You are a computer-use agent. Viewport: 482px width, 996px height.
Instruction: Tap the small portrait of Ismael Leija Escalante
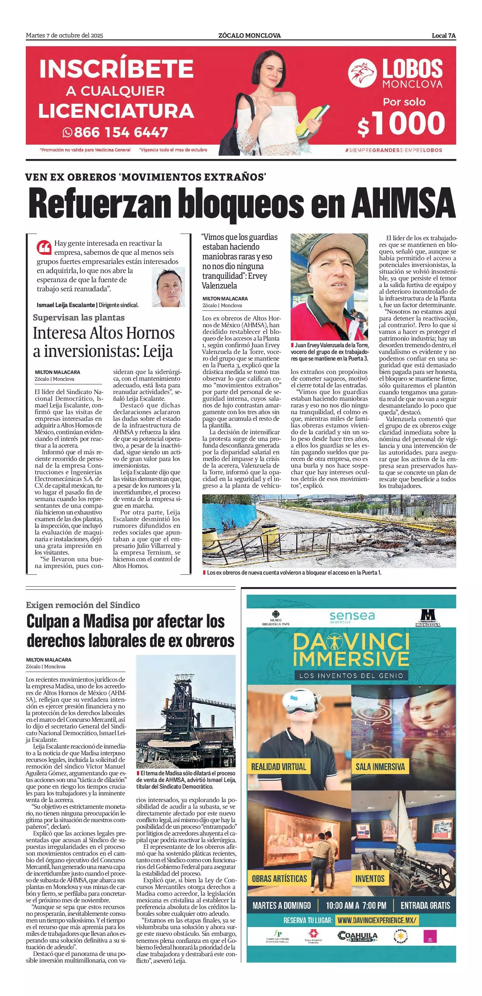168,287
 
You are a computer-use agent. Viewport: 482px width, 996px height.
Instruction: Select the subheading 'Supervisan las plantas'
78,317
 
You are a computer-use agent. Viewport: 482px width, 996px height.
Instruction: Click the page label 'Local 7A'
443,36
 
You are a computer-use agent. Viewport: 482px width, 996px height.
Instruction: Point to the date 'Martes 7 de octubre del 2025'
64,36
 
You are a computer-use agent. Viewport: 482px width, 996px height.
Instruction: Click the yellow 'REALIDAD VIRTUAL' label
279,767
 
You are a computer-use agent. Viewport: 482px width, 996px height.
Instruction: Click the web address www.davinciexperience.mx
377,921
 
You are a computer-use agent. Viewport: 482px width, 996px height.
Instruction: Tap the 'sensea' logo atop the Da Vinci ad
352,616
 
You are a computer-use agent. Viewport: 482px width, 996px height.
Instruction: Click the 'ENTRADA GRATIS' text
425,905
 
